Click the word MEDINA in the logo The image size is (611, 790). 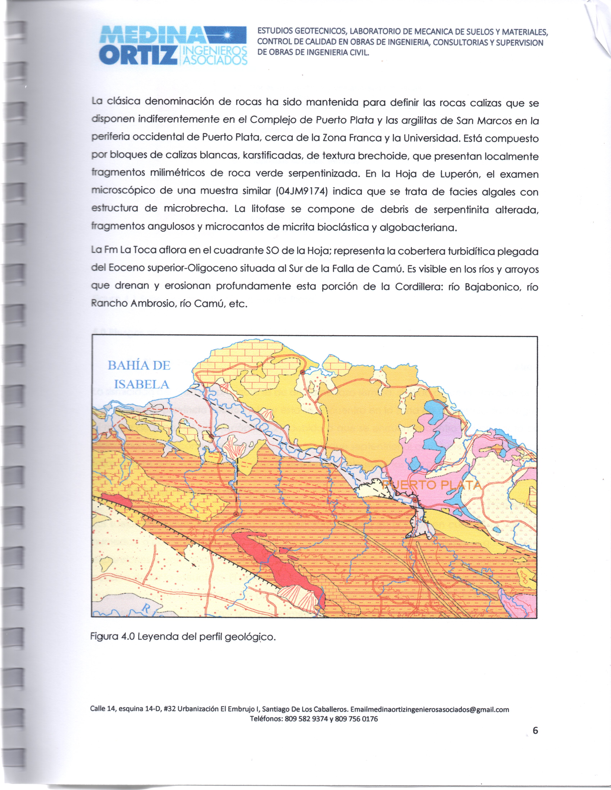[152, 35]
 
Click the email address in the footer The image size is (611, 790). [430, 710]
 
